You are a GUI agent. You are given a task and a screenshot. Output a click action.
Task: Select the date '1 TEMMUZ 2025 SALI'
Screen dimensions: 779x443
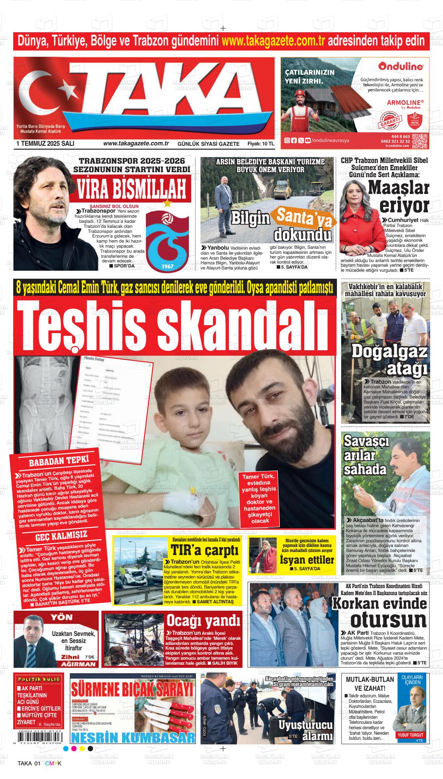pyautogui.click(x=45, y=143)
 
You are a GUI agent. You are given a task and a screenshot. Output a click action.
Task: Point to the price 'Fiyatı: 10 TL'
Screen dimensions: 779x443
pyautogui.click(x=261, y=144)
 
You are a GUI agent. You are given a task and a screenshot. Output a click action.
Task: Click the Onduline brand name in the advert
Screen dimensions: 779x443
pyautogui.click(x=401, y=66)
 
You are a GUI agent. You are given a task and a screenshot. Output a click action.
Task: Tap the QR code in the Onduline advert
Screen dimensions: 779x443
pyautogui.click(x=420, y=141)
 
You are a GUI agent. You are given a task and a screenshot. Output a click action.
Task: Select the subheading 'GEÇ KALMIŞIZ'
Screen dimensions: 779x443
pyautogui.click(x=61, y=536)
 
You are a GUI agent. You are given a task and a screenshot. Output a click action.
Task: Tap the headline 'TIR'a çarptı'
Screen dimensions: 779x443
pyautogui.click(x=204, y=551)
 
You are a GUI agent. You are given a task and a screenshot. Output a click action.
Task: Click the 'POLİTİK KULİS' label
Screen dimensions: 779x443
pyautogui.click(x=38, y=679)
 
